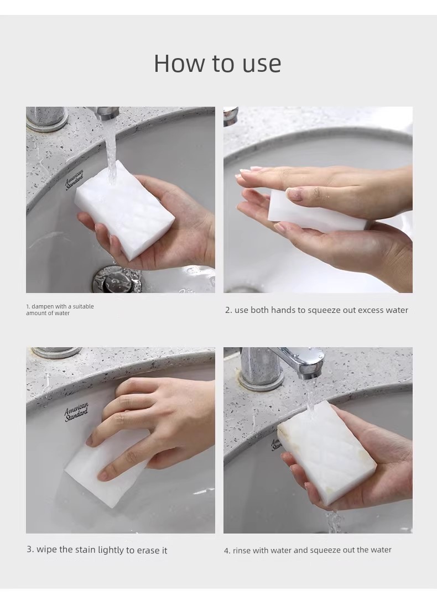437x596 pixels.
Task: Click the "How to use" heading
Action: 217,63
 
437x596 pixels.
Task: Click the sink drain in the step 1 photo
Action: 114,279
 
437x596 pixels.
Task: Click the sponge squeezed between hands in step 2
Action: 317,209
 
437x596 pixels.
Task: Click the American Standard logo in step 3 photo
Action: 76,412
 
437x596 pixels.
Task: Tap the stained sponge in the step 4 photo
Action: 327,452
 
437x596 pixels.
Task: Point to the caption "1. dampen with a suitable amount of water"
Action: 60,310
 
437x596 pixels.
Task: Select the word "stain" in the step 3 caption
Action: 86,550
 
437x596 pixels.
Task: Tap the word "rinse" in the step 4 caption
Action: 242,550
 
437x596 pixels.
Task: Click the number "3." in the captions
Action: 30,550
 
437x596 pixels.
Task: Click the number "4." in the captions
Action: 227,550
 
